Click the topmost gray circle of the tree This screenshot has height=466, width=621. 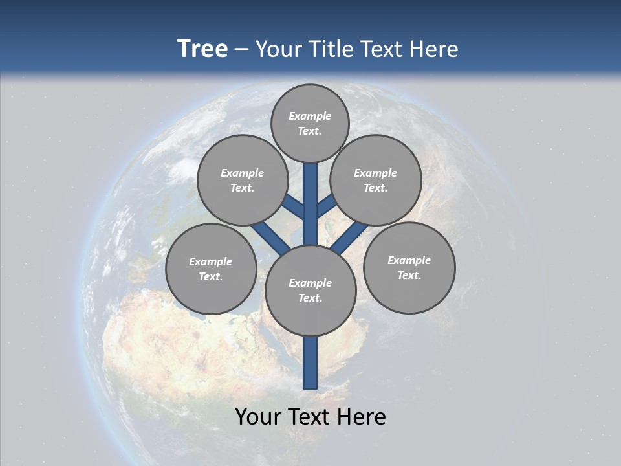pyautogui.click(x=310, y=123)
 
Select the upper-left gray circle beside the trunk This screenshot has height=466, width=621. pyautogui.click(x=242, y=180)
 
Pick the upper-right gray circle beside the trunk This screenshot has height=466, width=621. pyautogui.click(x=375, y=180)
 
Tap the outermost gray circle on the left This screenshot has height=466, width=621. pyautogui.click(x=211, y=269)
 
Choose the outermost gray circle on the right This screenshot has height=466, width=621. pyautogui.click(x=409, y=267)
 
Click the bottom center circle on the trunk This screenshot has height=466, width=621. pyautogui.click(x=310, y=291)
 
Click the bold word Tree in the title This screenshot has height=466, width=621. pyautogui.click(x=202, y=49)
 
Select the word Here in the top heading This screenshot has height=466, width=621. pyautogui.click(x=435, y=49)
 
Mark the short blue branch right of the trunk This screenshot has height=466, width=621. pyautogui.click(x=326, y=206)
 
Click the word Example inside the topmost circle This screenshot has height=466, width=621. pyautogui.click(x=310, y=116)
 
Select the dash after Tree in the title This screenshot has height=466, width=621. pyautogui.click(x=242, y=49)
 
